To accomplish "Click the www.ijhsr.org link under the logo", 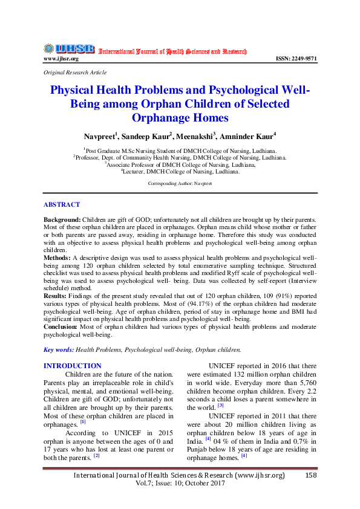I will pos(61,59).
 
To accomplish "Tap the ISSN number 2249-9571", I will pos(296,59).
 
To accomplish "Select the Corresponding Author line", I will pos(180,182).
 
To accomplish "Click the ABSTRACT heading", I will pos(62,205).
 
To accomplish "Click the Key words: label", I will pos(59,349).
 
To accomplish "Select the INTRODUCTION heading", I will pos(73,366).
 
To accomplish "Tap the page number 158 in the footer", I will pos(311,476).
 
